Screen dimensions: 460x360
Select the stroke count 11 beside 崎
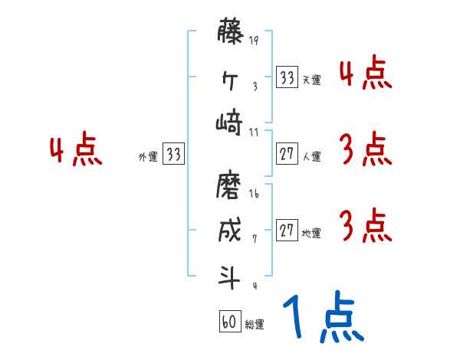(x=254, y=131)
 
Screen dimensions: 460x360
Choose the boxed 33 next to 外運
(x=173, y=155)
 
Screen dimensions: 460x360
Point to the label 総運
(x=254, y=324)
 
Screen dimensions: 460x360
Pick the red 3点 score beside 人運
(x=364, y=150)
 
